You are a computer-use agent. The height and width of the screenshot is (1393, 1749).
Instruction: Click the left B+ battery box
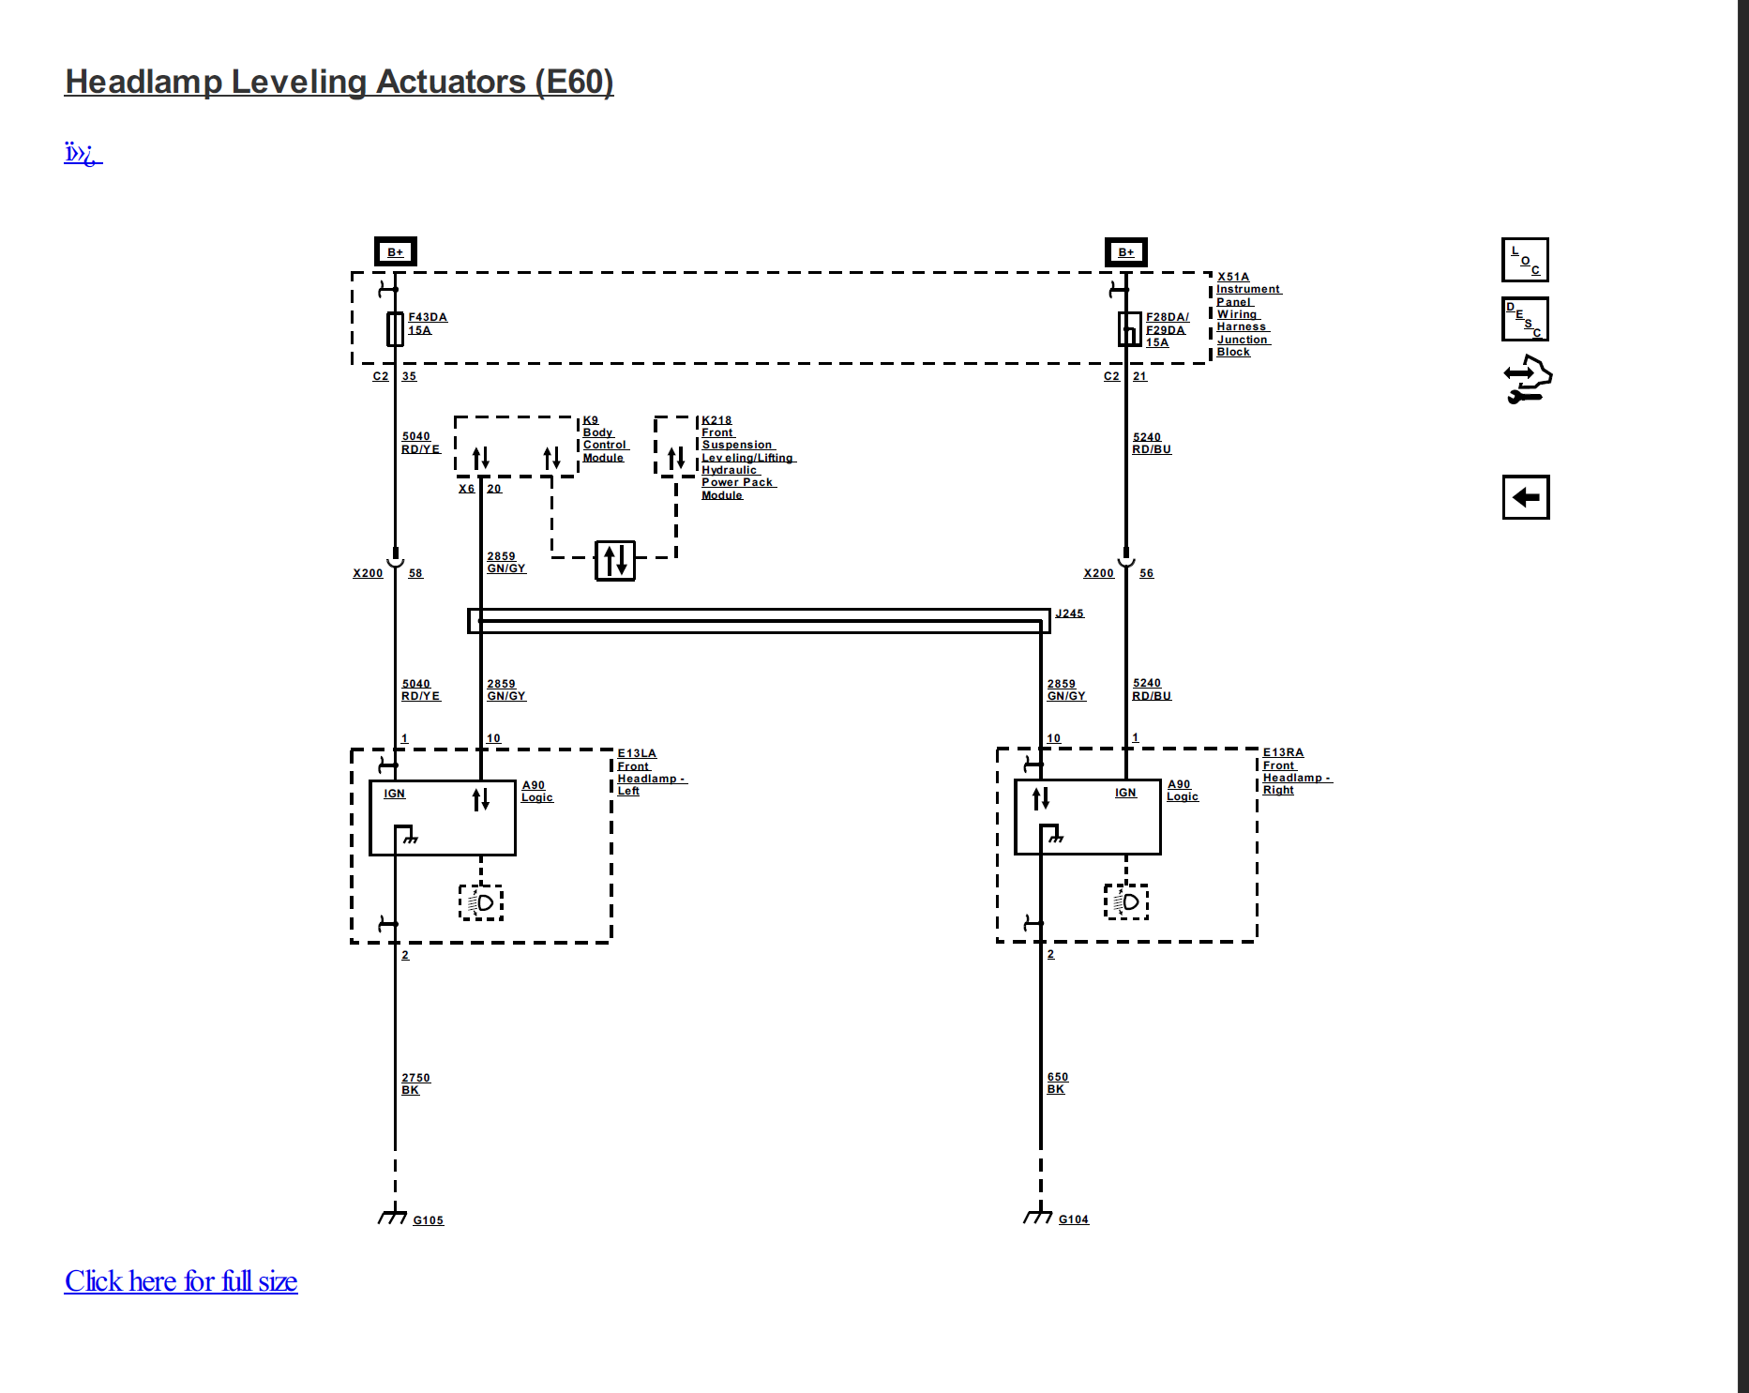[x=395, y=251]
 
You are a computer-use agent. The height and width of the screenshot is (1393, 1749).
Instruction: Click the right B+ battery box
[x=1125, y=251]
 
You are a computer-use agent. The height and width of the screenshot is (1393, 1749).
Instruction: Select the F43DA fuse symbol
[x=395, y=328]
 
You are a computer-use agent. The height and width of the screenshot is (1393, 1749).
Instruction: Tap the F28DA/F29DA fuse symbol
[x=1129, y=328]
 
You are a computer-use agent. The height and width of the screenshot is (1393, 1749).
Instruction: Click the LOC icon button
[x=1524, y=260]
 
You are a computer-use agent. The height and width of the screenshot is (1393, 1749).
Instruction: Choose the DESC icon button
[x=1524, y=320]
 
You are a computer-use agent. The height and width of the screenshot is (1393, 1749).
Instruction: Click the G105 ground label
[x=428, y=1219]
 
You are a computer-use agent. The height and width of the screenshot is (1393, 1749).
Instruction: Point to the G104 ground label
[x=1073, y=1219]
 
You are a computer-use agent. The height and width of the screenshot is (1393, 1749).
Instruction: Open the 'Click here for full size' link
[x=181, y=1280]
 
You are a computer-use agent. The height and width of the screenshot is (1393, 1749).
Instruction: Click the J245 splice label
[x=1069, y=613]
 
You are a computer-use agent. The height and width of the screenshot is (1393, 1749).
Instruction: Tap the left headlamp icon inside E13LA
[x=481, y=902]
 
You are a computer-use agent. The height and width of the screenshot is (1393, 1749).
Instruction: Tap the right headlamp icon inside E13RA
[x=1126, y=901]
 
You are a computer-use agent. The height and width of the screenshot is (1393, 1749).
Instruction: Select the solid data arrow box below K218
[x=615, y=561]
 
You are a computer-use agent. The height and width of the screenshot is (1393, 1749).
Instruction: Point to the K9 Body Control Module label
[x=604, y=439]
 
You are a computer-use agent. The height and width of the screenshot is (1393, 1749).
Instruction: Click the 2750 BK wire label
[x=415, y=1083]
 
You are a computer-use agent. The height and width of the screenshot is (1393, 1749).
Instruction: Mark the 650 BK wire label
[x=1057, y=1083]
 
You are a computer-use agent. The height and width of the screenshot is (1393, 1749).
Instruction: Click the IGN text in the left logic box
[x=394, y=794]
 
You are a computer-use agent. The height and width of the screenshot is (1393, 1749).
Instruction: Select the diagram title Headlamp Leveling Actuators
[x=339, y=82]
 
